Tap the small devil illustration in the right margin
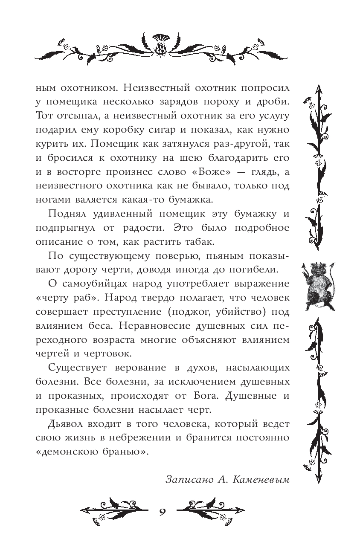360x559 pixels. click(x=320, y=282)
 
